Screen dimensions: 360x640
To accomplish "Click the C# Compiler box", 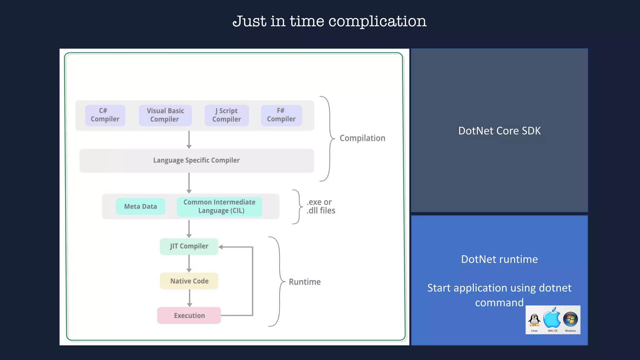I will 105,115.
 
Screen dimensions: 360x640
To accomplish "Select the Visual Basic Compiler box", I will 165,115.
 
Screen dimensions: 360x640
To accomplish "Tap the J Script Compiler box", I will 227,115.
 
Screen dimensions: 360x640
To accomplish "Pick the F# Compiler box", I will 281,115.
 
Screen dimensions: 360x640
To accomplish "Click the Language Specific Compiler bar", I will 197,161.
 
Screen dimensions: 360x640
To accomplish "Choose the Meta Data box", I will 140,207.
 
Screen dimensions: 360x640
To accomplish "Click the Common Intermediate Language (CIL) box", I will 219,207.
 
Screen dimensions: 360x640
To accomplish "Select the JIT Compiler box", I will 189,247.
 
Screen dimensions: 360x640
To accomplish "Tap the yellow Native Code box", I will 189,281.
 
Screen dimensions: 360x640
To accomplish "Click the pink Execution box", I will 189,316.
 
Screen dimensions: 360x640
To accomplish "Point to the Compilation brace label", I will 362,138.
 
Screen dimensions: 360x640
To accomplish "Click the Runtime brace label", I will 305,282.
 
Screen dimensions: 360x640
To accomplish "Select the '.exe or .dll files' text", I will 321,206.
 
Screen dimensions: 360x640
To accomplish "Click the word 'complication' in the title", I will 377,22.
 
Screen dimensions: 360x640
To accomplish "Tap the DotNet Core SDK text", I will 499,131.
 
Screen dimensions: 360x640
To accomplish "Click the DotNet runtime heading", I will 499,259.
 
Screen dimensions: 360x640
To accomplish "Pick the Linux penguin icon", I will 534,320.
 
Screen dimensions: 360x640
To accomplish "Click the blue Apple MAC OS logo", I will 552,318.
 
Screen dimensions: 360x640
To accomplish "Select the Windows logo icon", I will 570,319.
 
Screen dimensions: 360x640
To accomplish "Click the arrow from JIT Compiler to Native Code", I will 189,263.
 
